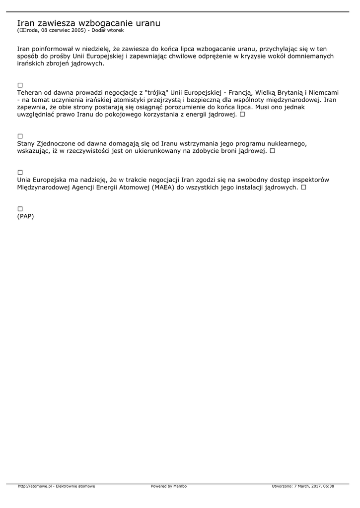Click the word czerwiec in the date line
pyautogui.click(x=55, y=30)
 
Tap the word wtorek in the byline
pyautogui.click(x=115, y=30)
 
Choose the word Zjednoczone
pyautogui.click(x=58, y=143)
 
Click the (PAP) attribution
pyautogui.click(x=25, y=216)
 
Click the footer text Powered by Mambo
pyautogui.click(x=169, y=486)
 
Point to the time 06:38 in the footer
pyautogui.click(x=329, y=486)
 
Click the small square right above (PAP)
pyautogui.click(x=20, y=209)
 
